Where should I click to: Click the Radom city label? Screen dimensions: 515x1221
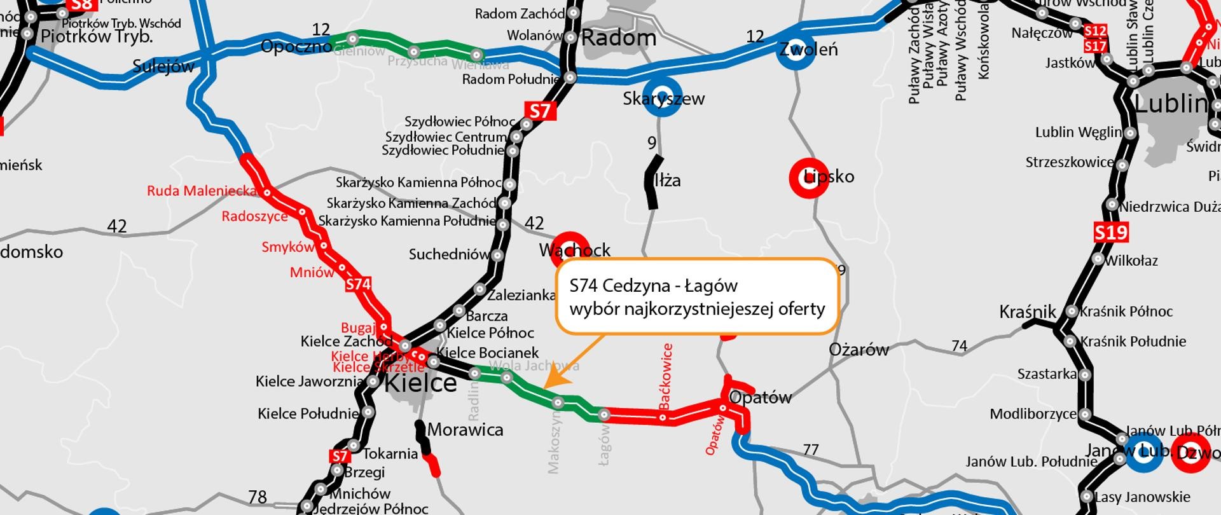point(619,38)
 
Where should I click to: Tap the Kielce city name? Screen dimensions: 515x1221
point(420,383)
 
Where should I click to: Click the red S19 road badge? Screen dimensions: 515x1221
point(1111,232)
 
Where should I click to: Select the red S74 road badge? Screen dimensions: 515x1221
point(358,284)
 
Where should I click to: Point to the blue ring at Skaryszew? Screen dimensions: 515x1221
point(663,97)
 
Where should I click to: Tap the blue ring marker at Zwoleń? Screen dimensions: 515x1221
point(797,50)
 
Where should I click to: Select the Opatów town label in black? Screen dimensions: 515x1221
point(760,398)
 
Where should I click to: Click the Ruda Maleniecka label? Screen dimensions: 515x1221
point(202,191)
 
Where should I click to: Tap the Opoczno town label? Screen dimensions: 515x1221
point(296,46)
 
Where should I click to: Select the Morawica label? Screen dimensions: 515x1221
point(466,430)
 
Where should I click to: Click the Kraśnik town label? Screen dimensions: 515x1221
point(1027,312)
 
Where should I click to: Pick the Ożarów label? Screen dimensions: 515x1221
point(859,350)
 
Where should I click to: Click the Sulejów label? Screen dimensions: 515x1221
point(163,67)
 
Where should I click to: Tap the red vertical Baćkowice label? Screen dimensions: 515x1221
point(666,376)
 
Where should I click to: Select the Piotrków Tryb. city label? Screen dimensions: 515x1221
point(97,37)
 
